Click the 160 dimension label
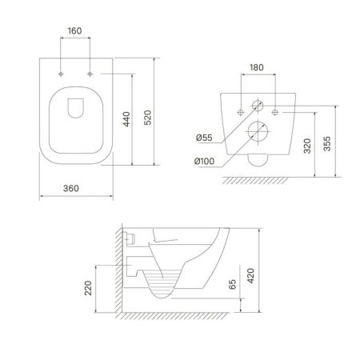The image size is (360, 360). (x=74, y=31)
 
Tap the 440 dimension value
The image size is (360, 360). (x=126, y=119)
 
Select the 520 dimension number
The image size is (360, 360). (x=147, y=118)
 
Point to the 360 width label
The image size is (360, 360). (x=71, y=188)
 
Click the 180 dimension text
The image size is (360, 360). (x=257, y=67)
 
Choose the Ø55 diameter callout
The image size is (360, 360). (x=204, y=138)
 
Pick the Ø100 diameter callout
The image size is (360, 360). (x=204, y=161)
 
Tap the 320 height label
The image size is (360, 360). (x=307, y=146)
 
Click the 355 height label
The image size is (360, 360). (x=327, y=144)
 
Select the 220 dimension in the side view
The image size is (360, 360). (x=88, y=288)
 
